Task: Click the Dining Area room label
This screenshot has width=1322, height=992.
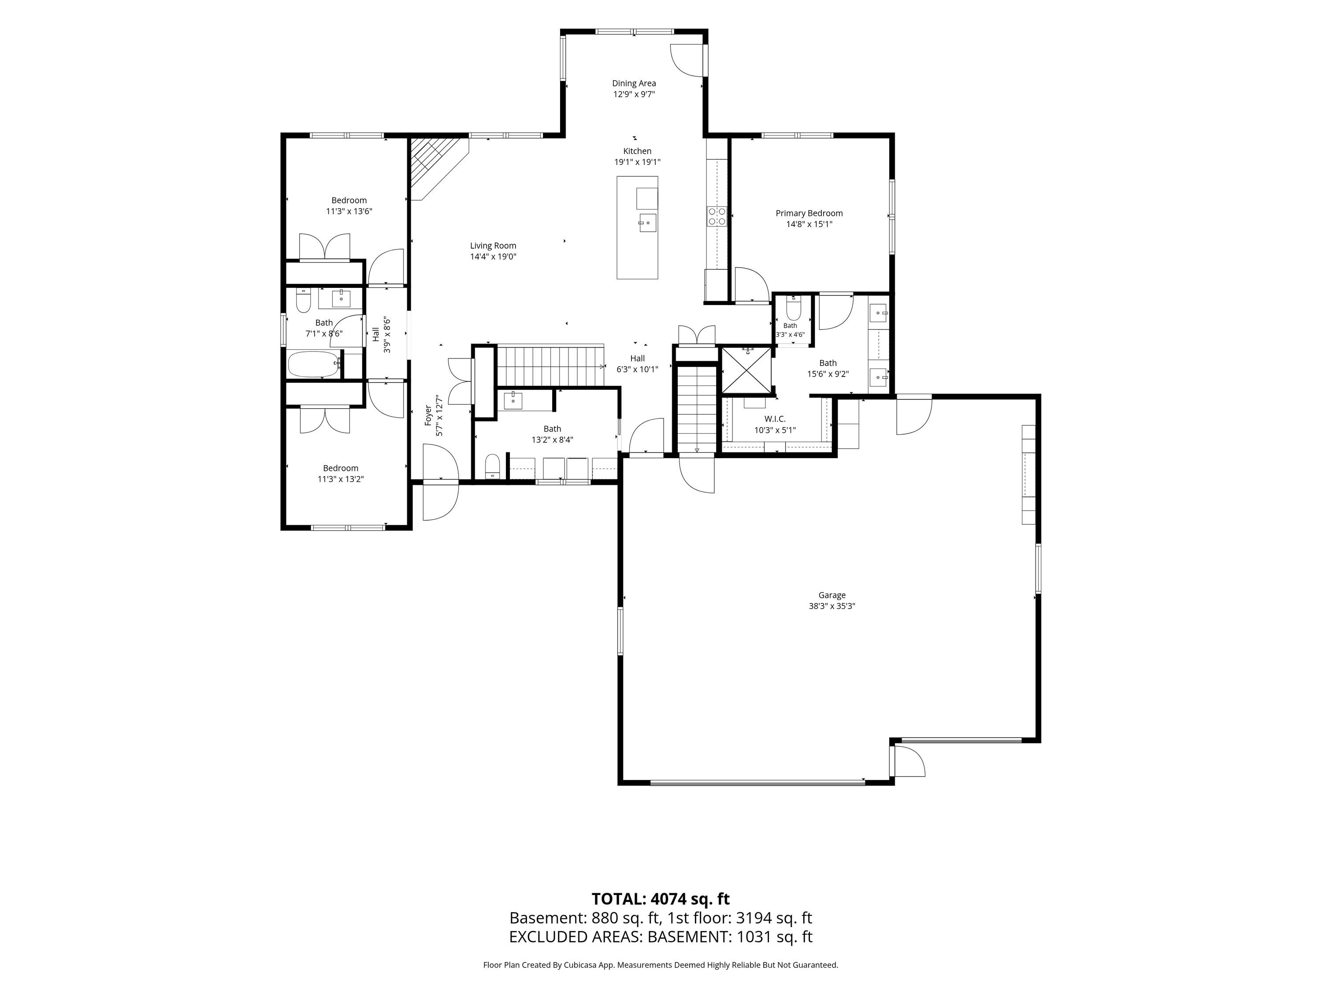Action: [x=634, y=84]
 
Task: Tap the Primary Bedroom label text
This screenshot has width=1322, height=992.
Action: [x=809, y=213]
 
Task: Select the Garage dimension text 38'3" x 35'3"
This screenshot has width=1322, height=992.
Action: [x=832, y=606]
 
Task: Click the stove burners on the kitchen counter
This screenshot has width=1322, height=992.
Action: [x=717, y=216]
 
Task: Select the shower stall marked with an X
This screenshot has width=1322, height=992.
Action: [x=746, y=371]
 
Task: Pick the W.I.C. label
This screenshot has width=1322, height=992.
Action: [x=775, y=419]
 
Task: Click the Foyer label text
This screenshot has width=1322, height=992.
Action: [x=428, y=415]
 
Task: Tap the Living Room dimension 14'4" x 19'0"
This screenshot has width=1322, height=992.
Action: [x=493, y=257]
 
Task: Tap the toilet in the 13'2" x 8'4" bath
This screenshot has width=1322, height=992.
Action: [x=493, y=466]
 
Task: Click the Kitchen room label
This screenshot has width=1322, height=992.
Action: [x=637, y=151]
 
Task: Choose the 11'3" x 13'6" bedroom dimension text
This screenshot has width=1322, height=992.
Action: [x=349, y=211]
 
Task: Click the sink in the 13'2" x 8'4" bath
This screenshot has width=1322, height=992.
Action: [x=513, y=401]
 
